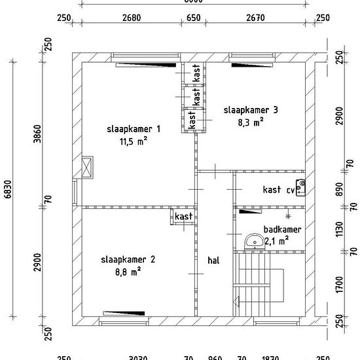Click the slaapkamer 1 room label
(134, 129)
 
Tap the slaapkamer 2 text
(128, 259)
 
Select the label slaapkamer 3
(251, 110)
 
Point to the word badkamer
(282, 230)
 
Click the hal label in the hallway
(213, 260)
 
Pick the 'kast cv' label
(278, 190)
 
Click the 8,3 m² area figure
(251, 121)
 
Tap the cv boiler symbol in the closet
(300, 188)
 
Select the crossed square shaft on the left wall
(87, 167)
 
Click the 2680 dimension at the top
(132, 18)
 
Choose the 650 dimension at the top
(194, 18)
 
